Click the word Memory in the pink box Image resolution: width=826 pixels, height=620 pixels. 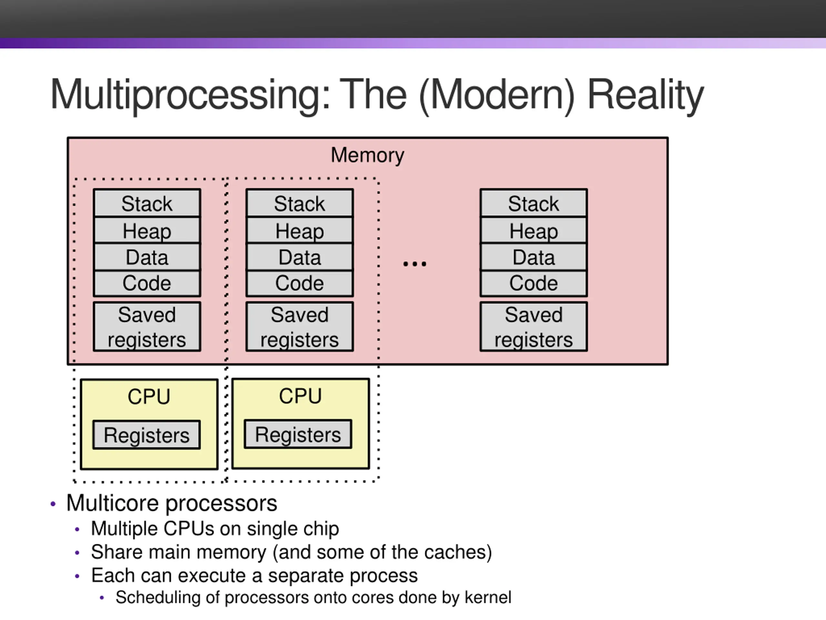[368, 155]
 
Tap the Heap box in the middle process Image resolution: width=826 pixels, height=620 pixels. [299, 231]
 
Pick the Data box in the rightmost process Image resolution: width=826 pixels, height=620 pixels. [534, 257]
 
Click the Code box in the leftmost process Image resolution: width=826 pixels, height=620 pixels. [147, 283]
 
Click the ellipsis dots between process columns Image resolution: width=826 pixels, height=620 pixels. [415, 264]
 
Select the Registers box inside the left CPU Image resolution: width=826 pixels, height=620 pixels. [147, 435]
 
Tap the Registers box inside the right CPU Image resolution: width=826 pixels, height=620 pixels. [298, 434]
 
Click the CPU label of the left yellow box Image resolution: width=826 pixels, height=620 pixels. [149, 397]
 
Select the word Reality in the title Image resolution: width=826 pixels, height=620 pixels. [646, 95]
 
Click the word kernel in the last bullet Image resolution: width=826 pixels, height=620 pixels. [488, 597]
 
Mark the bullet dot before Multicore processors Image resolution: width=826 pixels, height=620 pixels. [53, 504]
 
